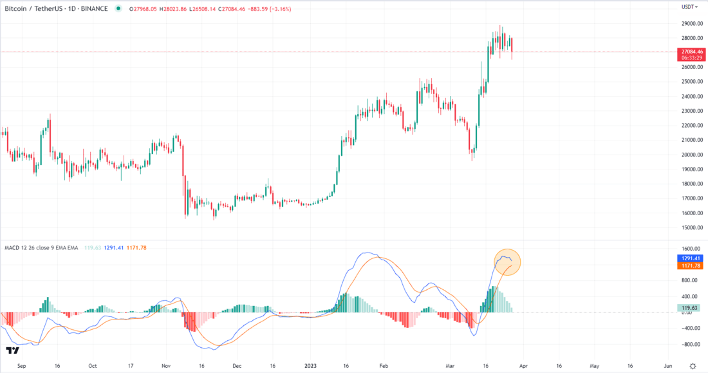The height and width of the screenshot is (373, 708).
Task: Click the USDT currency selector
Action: [690, 7]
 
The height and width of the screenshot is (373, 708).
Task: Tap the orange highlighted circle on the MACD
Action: [507, 262]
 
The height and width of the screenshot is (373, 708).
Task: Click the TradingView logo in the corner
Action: [12, 350]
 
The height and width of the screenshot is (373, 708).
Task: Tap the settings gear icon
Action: [693, 365]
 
